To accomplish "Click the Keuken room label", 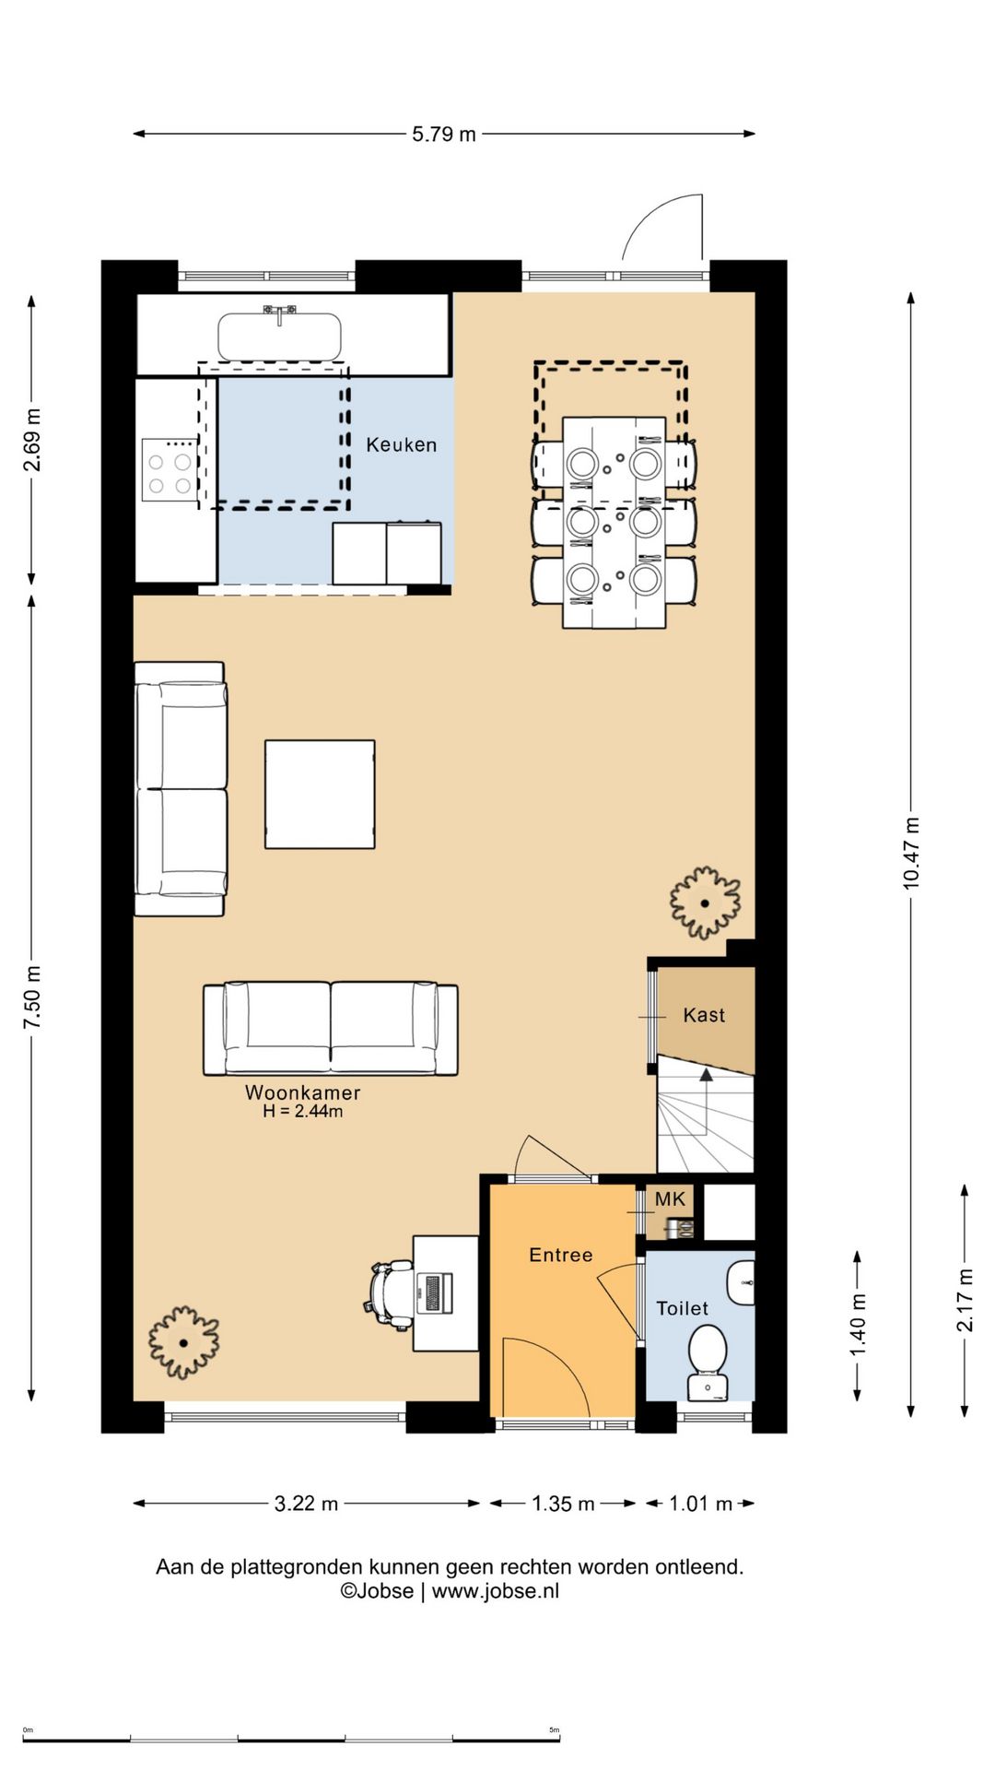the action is (x=402, y=444).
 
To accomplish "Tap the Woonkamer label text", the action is (x=302, y=1092).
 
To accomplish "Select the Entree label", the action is (x=561, y=1255).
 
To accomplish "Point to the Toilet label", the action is (x=683, y=1308).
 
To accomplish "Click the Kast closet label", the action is (x=704, y=1015).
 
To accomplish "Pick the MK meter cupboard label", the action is (x=671, y=1199).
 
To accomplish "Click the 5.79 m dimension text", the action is (x=444, y=134).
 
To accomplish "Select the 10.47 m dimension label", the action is (x=911, y=853).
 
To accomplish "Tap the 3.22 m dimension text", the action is (x=306, y=1504).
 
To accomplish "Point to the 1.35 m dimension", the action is (x=563, y=1504).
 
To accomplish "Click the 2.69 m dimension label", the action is (x=32, y=440).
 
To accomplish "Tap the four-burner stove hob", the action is (x=170, y=470).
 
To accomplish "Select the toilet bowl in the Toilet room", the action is (x=708, y=1361).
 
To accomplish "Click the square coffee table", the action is (x=320, y=794).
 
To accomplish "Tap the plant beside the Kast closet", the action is (x=705, y=903).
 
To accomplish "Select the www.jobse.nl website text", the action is (x=496, y=1590).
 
